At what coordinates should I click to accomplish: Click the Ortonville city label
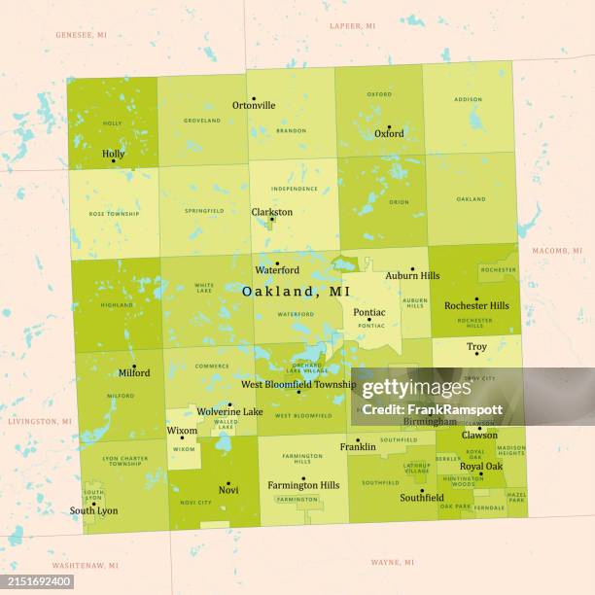coord(254,106)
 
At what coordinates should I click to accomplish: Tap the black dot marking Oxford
coord(389,126)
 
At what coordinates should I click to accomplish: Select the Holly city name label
coord(113,155)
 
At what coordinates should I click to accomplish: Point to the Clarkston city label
coord(272,212)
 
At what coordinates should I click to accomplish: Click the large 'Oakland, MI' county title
coord(297,291)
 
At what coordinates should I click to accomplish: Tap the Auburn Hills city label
coord(412,276)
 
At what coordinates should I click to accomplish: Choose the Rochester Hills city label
coord(476,305)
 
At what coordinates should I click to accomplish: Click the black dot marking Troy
coord(476,354)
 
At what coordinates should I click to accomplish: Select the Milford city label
coord(134,372)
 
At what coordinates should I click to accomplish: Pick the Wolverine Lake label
coord(230,412)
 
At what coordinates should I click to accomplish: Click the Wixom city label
coord(182,430)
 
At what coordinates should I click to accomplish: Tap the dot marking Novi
coord(228,483)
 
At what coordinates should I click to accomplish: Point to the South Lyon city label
coord(93,510)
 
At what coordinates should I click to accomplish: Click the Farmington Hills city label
coord(303,485)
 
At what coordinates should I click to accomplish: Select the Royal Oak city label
coord(481,466)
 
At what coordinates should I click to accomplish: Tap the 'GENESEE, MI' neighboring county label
coord(81,34)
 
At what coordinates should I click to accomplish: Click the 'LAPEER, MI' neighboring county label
coord(352,25)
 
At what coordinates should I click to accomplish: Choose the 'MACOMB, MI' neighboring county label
coord(556,251)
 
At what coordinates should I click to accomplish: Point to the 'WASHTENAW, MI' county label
coord(86,565)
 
